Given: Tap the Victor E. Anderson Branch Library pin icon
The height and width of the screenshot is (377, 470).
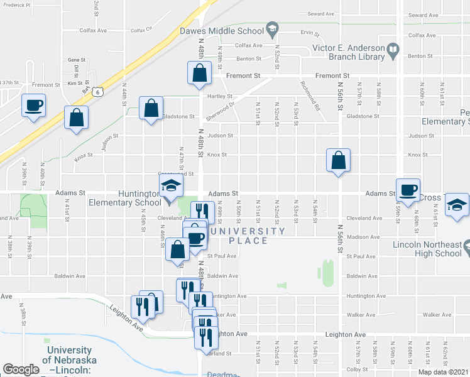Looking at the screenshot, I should point(393,48).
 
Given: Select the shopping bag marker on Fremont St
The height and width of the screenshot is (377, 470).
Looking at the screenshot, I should point(199,73).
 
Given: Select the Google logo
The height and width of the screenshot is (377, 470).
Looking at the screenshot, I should point(21,369).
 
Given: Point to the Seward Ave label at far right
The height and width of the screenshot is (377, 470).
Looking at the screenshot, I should point(440,14).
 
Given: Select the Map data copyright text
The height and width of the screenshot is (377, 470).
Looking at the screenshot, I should point(442,372).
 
